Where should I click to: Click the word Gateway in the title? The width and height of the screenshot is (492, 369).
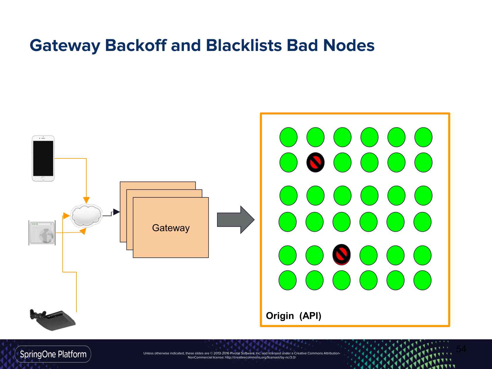(65, 46)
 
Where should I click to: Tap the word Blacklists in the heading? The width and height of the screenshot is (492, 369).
(244, 46)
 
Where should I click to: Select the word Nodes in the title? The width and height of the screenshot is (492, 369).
(349, 46)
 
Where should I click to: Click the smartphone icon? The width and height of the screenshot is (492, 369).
(43, 158)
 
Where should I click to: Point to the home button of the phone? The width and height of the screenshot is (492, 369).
(43, 178)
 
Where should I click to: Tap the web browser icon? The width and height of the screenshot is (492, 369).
(42, 233)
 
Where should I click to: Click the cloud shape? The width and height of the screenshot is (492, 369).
(86, 216)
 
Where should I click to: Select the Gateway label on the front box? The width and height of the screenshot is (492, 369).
(171, 228)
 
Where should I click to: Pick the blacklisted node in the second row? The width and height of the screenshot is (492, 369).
(315, 162)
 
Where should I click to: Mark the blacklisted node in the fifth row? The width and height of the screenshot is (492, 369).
(341, 254)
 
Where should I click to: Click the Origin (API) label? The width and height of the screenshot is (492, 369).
(293, 316)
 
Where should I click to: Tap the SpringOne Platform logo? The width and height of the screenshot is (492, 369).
(53, 354)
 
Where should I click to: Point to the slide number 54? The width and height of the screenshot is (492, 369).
(461, 349)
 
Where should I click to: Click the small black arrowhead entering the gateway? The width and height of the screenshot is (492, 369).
(116, 212)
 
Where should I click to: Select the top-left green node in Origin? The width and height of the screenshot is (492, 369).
(288, 137)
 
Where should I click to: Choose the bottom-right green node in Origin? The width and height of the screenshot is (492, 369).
(422, 280)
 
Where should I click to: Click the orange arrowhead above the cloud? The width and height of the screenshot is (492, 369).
(86, 200)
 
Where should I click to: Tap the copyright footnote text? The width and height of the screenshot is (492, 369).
(242, 355)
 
